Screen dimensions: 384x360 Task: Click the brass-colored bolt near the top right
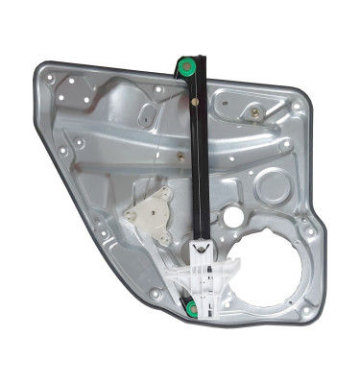[x=255, y=112]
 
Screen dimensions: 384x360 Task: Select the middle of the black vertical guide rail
[x=198, y=173]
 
